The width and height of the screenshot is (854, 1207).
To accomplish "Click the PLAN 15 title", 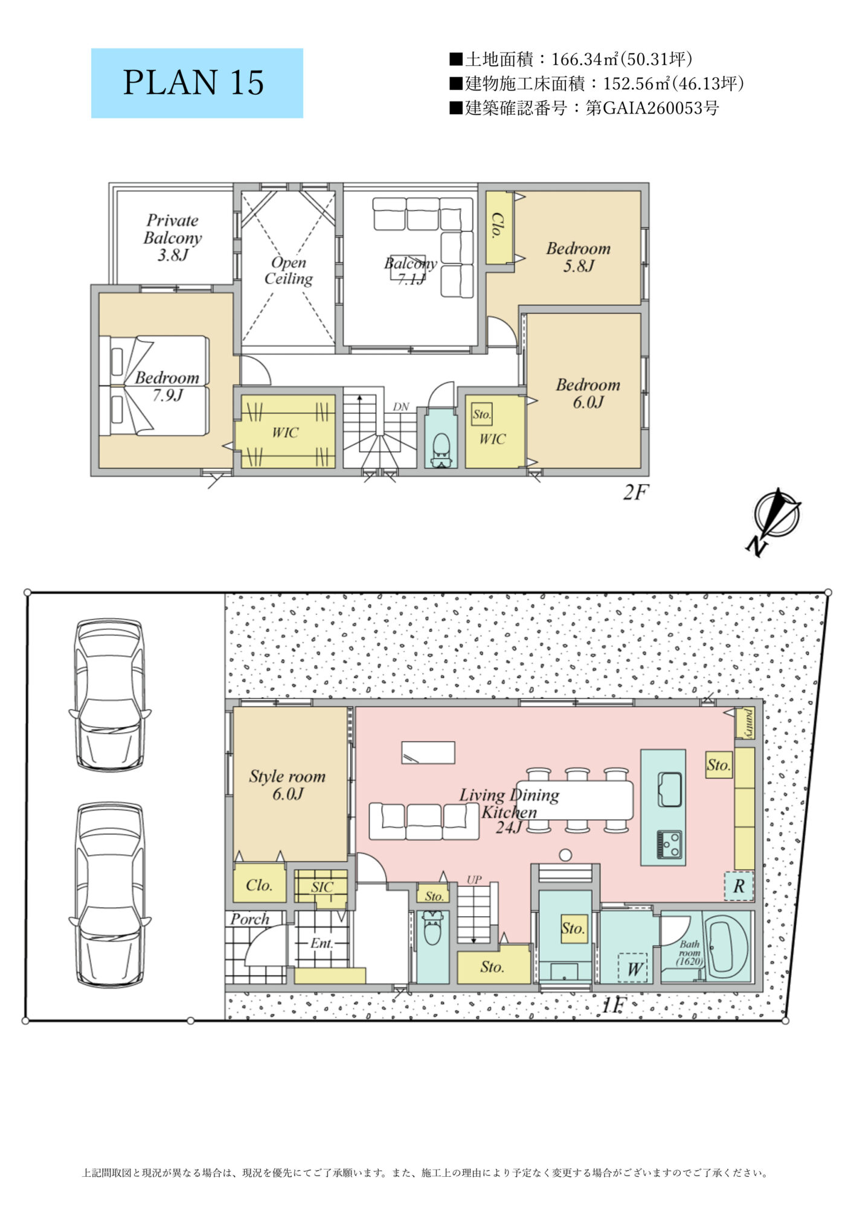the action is [x=194, y=83].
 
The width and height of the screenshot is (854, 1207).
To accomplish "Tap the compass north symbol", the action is [x=774, y=520].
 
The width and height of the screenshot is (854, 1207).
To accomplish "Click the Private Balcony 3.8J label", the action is [x=173, y=237].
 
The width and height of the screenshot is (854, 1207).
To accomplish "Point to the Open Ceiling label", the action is [x=289, y=270].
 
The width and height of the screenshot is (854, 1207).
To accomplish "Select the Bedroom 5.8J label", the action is [x=579, y=256].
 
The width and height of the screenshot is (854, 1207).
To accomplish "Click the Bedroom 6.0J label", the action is [x=588, y=393].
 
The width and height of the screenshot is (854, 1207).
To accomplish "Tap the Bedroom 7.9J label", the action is [x=167, y=386].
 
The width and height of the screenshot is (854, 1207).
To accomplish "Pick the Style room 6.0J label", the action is [x=287, y=785].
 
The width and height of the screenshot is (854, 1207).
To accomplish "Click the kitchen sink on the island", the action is [x=669, y=788].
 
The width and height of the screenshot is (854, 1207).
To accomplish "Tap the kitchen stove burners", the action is [x=669, y=844].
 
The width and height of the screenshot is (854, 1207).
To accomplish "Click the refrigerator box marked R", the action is [x=739, y=886].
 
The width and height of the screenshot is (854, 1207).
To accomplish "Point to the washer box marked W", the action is [x=633, y=967].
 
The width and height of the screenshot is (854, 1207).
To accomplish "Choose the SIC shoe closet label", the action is [x=322, y=887].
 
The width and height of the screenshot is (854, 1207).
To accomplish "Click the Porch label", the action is [x=249, y=919].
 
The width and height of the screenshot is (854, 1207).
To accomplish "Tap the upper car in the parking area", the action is [x=111, y=694].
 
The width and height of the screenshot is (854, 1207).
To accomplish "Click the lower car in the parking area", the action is [x=111, y=895].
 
